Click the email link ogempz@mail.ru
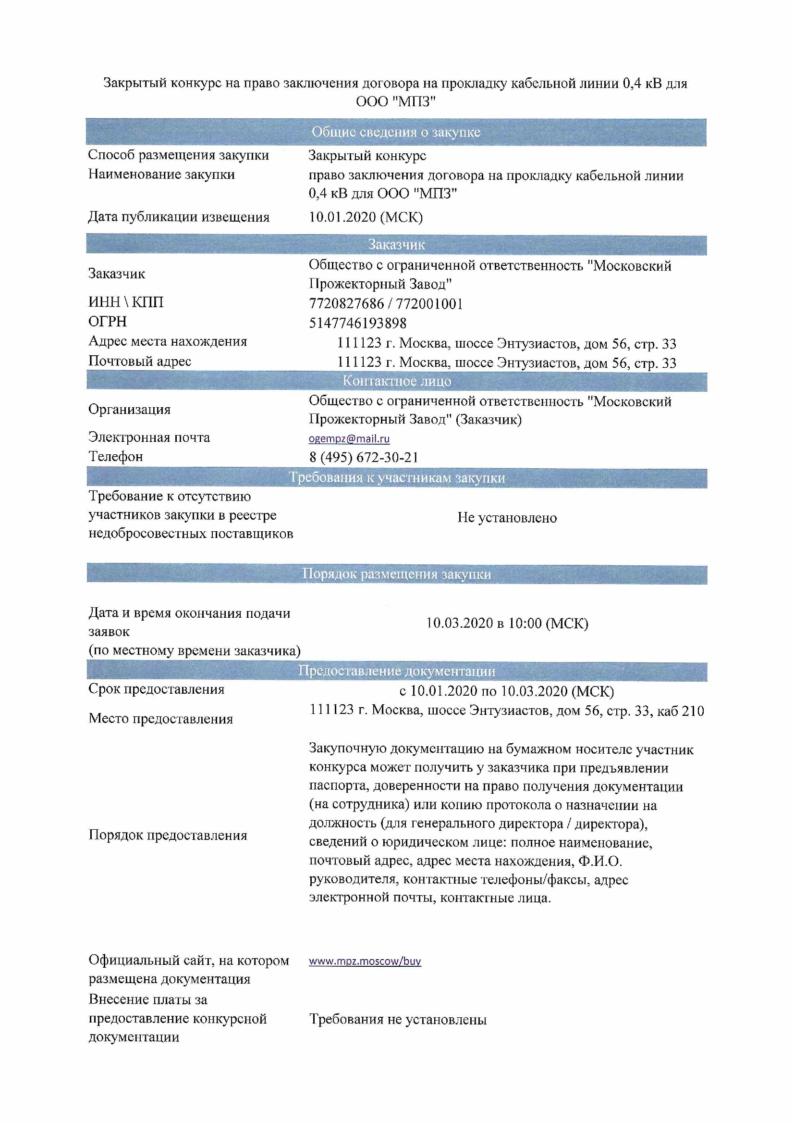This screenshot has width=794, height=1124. click(349, 438)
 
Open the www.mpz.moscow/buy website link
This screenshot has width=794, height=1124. click(365, 961)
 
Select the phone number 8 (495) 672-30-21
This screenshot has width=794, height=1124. click(364, 457)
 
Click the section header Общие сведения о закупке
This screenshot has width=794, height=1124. click(396, 132)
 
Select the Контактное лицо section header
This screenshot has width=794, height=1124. click(396, 381)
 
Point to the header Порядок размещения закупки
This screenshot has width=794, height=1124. click(396, 574)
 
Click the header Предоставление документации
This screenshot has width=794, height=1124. click(396, 671)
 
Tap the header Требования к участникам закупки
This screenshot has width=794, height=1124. click(396, 477)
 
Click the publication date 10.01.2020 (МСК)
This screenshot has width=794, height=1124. click(366, 217)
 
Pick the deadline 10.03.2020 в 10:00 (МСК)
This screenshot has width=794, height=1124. click(507, 623)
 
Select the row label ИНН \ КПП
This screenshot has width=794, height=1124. click(126, 302)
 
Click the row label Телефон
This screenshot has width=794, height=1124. click(115, 456)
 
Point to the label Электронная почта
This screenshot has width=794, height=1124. click(149, 437)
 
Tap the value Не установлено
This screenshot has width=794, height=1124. click(507, 517)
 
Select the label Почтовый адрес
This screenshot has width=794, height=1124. click(139, 362)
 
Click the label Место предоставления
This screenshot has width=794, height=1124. click(160, 719)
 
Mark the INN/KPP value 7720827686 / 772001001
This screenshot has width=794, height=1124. click(386, 304)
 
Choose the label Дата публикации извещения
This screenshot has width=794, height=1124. click(179, 217)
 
